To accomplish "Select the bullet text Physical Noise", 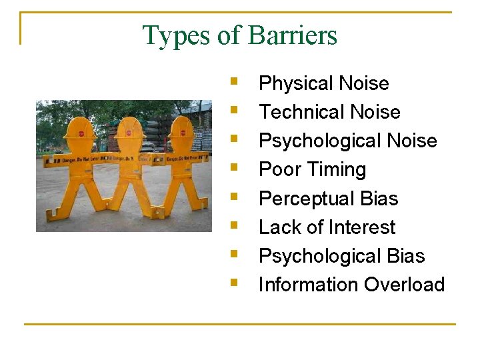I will click(x=323, y=83).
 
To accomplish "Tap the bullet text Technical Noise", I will click(x=329, y=112).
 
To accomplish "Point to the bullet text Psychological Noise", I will click(x=347, y=141).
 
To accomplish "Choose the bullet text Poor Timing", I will click(x=312, y=169).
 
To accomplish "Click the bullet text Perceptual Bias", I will click(x=328, y=199).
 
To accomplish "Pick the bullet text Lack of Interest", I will click(x=327, y=227).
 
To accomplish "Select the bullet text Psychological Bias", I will click(x=341, y=256).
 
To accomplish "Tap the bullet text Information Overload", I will click(x=351, y=285).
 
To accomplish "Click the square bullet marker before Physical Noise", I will click(x=233, y=82).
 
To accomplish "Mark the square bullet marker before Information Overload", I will click(x=233, y=283).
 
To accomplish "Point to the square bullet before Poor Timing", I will click(x=233, y=168).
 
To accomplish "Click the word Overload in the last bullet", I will click(x=404, y=285).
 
